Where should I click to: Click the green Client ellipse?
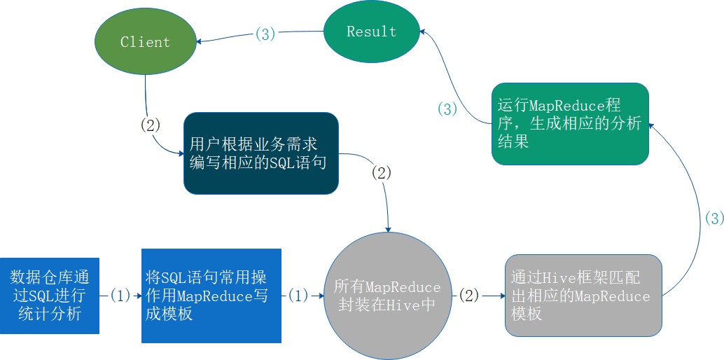pos(145,42)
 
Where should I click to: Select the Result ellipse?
pos(371,32)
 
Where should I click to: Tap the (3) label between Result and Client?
pos(265,34)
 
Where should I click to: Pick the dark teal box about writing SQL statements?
pos(261,153)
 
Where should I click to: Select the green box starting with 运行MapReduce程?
pos(569,124)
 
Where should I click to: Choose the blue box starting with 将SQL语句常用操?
pos(211,296)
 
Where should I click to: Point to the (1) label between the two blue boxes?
pos(120,296)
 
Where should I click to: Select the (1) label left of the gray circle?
pos(298,296)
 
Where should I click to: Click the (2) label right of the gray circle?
pos(468,296)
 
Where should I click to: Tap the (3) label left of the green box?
pos(447,109)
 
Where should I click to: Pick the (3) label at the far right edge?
pos(713,219)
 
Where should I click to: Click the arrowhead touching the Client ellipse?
pos(200,41)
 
